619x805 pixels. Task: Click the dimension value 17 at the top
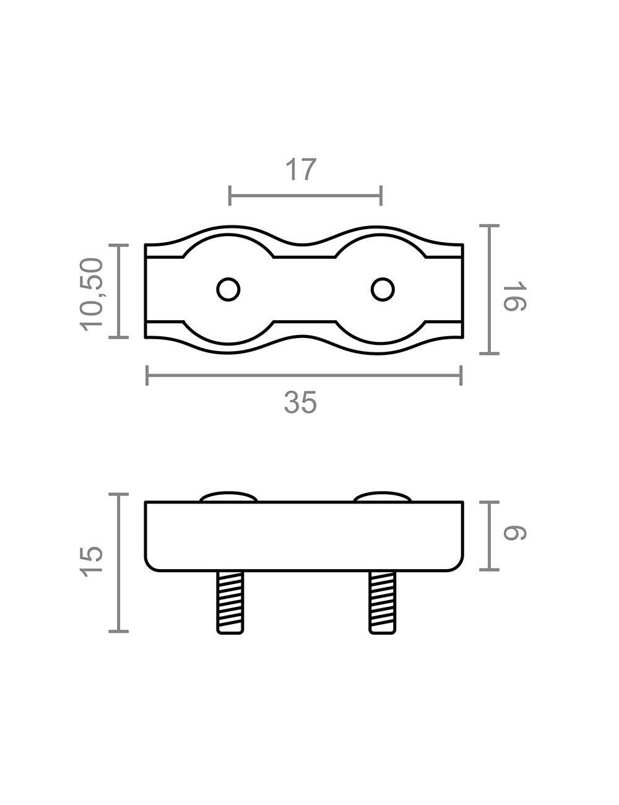[301, 170]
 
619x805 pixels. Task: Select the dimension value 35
[301, 403]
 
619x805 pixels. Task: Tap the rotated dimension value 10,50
[92, 294]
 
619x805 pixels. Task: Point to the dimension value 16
[514, 297]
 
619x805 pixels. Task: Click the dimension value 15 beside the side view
[92, 562]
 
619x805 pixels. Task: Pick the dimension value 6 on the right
[514, 533]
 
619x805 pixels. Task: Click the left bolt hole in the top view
[228, 289]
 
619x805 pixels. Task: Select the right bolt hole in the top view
[383, 289]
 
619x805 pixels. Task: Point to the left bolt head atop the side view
[228, 497]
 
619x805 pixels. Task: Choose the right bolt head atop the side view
[383, 497]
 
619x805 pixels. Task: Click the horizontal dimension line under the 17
[305, 196]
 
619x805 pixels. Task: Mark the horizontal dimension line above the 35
[303, 375]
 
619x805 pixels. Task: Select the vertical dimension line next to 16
[490, 290]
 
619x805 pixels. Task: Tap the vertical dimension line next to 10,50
[119, 291]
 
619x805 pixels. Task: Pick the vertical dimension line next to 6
[490, 536]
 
